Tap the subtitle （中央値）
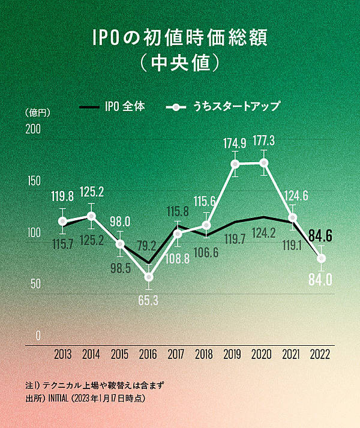point(179,62)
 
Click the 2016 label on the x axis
point(148,355)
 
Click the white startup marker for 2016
point(149,277)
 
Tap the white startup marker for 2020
point(264,163)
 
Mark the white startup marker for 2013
point(62,222)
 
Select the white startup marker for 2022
point(322,259)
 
